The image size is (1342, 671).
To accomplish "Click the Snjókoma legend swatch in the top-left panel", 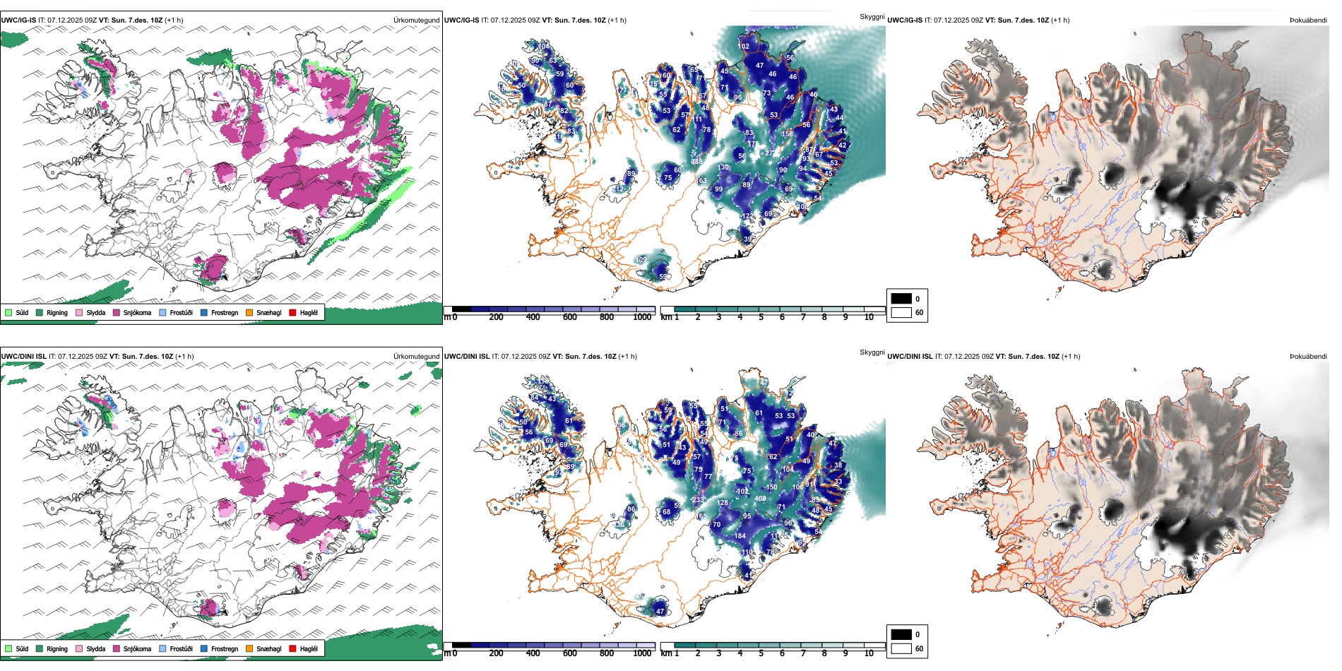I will click(x=117, y=312).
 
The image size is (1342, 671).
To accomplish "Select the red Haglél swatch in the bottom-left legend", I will click(x=292, y=648).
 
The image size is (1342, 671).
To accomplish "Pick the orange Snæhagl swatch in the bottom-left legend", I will click(x=249, y=648).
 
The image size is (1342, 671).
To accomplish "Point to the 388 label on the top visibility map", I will click(x=697, y=162).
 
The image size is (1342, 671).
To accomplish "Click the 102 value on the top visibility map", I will click(x=744, y=47).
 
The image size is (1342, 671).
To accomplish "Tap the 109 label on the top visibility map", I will click(x=641, y=260).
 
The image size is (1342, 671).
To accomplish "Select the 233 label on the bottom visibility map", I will click(x=698, y=500).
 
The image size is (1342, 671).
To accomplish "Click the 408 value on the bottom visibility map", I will click(x=761, y=499).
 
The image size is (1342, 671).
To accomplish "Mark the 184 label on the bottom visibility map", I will click(x=740, y=536).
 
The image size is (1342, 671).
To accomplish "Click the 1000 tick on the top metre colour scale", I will click(x=642, y=317).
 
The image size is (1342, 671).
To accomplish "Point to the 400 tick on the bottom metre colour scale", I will click(x=533, y=653).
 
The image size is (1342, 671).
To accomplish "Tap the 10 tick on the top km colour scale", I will click(x=869, y=317).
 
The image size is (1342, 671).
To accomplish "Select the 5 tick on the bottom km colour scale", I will click(x=761, y=653).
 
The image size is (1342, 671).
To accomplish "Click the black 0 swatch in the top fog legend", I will click(x=901, y=299).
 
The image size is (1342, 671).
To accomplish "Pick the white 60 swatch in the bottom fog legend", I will click(x=901, y=648).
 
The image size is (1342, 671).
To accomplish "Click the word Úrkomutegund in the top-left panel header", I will click(x=417, y=20).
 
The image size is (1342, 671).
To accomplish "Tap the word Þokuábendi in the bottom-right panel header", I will click(x=1308, y=357).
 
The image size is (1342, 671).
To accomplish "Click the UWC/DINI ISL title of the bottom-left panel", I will click(x=23, y=357).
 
